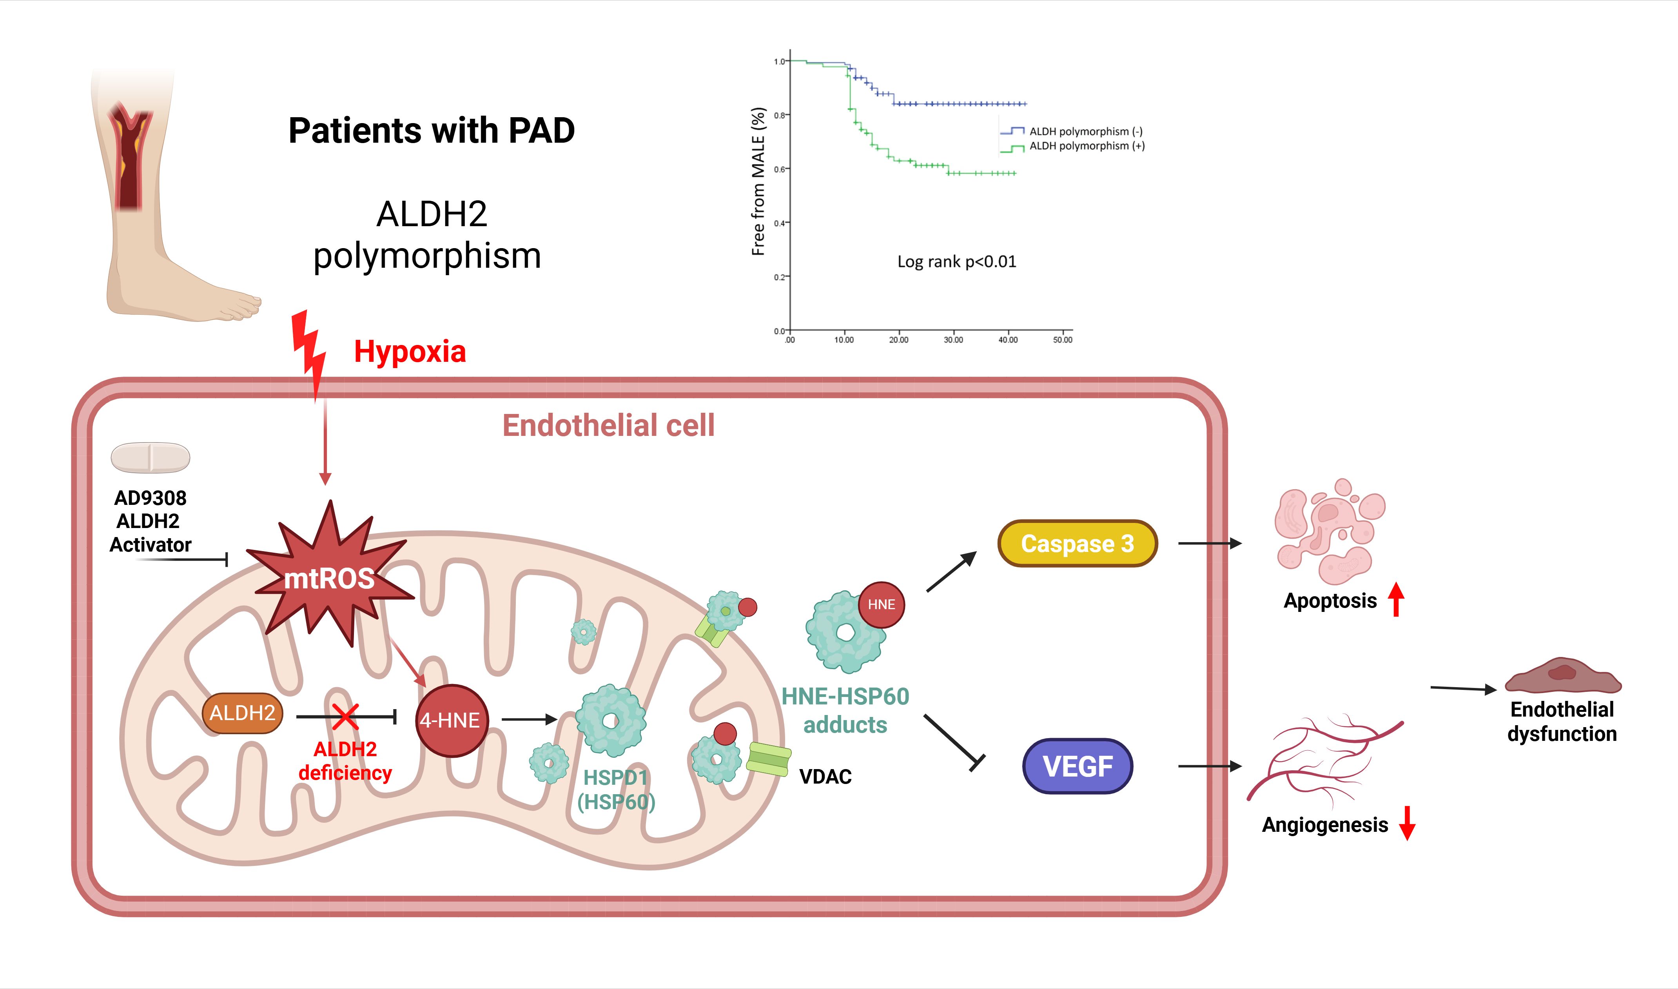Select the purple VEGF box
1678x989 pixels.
[1078, 766]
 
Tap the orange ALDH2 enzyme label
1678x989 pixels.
[243, 713]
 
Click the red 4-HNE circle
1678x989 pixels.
[452, 720]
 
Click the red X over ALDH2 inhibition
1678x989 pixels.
[346, 717]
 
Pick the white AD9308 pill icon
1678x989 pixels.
[151, 457]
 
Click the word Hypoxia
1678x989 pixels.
[410, 351]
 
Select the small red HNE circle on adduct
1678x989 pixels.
[881, 604]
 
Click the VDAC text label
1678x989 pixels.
[825, 777]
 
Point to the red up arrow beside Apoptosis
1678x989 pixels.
[1396, 599]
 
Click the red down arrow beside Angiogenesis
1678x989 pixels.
[1407, 823]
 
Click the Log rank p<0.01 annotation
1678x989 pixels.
[957, 261]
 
